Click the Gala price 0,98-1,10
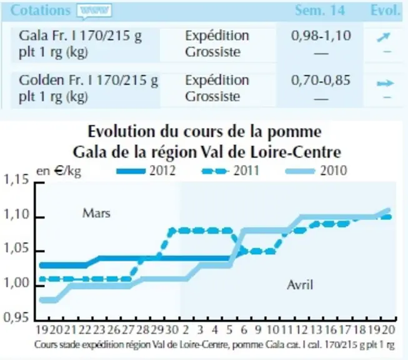coord(321,36)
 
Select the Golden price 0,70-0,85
coord(321,80)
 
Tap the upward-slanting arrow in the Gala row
coord(384,37)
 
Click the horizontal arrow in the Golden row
coord(386,83)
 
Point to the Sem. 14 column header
coord(320,11)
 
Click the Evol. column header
coord(385,11)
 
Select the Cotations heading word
coord(41,11)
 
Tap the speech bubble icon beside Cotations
coord(94,11)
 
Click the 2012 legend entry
coord(146,171)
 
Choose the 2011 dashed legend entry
coord(231,171)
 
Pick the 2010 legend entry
coord(316,171)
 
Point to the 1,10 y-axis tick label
coord(16,214)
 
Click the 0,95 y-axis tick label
coord(16,317)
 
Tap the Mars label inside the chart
coord(96,213)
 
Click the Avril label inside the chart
coord(300,285)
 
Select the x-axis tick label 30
coord(172,330)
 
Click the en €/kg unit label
coord(59,171)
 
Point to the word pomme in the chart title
coord(294,131)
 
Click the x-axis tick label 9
coord(258,330)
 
